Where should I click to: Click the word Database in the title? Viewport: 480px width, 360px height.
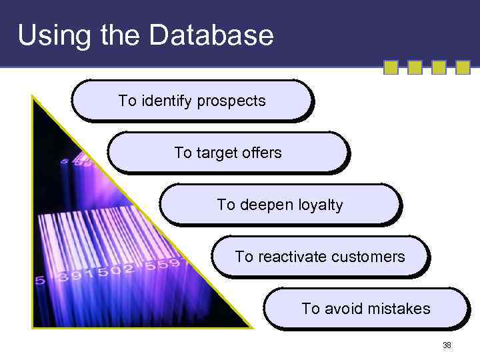click(211, 35)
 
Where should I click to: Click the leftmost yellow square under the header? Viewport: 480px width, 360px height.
click(391, 67)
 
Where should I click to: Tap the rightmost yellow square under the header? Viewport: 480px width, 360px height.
click(463, 67)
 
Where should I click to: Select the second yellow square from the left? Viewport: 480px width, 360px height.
click(415, 67)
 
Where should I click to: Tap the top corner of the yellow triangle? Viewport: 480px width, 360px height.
click(33, 95)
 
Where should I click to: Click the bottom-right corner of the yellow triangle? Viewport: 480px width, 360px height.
click(252, 327)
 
